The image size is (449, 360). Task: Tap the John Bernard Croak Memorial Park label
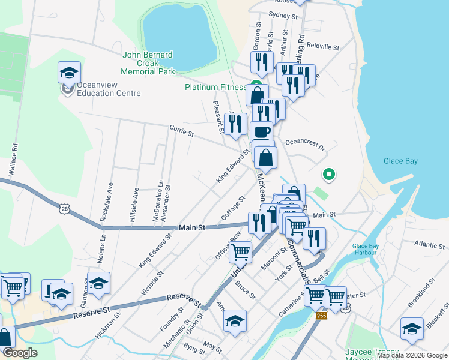pos(148,63)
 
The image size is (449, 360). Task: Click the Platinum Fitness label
pos(215,87)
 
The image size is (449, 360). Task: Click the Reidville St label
pos(323,46)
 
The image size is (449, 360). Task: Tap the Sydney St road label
pos(283,16)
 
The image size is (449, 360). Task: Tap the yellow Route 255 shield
pos(322,316)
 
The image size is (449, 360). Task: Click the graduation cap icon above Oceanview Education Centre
pos(69,73)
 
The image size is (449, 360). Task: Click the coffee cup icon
pos(261,132)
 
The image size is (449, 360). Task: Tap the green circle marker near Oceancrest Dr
pos(328,175)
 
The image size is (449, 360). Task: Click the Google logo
pos(20,353)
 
